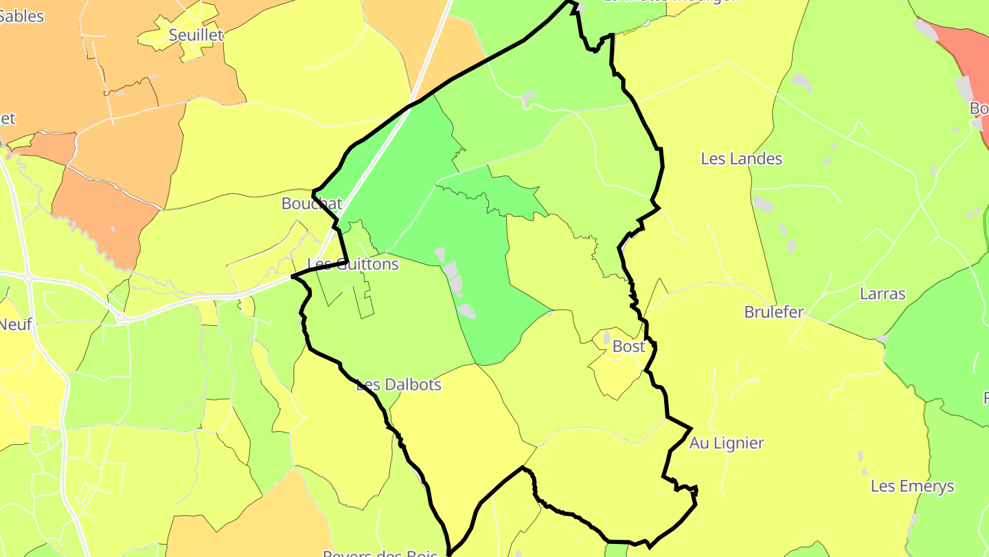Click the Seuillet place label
(196, 35)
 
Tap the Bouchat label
(311, 204)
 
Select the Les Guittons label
(353, 264)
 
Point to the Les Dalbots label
(398, 384)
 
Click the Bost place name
(628, 347)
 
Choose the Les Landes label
(741, 159)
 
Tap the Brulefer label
(774, 312)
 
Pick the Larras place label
(883, 294)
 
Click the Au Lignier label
(727, 443)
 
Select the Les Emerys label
(912, 486)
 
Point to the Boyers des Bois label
(367, 553)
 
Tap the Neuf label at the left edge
(15, 324)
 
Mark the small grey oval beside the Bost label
(606, 338)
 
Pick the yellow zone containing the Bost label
(618, 368)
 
